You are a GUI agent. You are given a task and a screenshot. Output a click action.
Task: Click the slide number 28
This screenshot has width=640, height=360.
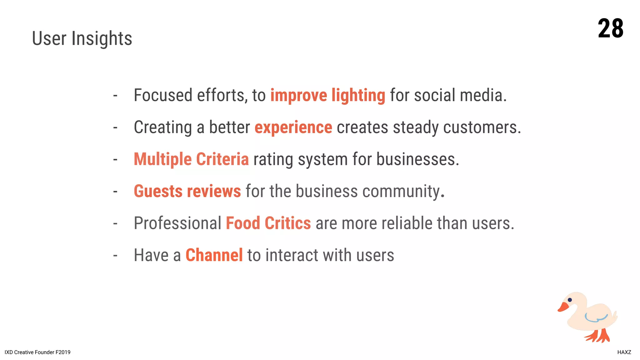tap(610, 28)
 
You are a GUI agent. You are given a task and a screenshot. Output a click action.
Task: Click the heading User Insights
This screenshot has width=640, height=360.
tap(82, 38)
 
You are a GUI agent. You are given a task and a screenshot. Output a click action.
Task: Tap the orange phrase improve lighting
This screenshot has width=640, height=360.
tap(327, 95)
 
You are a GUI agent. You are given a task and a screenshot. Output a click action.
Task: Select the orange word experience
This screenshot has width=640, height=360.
tap(293, 127)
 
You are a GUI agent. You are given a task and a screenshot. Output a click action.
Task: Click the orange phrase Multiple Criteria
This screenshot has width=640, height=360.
tap(191, 159)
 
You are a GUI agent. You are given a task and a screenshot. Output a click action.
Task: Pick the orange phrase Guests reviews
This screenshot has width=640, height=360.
tap(187, 191)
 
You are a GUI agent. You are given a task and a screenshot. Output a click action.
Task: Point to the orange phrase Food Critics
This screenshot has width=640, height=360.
tap(268, 223)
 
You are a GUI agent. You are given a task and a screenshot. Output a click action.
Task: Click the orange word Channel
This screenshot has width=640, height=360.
tap(214, 255)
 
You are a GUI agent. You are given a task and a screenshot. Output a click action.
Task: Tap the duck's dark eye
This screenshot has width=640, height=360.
tap(570, 300)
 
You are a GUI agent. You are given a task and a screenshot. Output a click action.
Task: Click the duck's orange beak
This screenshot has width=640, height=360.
tap(563, 307)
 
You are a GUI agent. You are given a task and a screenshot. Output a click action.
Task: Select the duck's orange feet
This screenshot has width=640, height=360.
tap(598, 336)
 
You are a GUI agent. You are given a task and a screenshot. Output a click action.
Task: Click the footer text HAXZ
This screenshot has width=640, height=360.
tap(624, 352)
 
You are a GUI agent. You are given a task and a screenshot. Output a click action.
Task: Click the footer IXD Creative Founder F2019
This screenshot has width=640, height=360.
tap(37, 352)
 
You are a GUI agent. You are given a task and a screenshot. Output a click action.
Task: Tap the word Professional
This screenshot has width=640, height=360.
tap(177, 223)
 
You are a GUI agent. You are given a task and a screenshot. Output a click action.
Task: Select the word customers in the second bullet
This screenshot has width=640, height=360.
tap(481, 127)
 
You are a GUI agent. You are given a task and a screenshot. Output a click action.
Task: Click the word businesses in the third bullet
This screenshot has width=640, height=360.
tap(417, 159)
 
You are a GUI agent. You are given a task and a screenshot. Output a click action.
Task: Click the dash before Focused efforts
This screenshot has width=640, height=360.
tap(115, 95)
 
